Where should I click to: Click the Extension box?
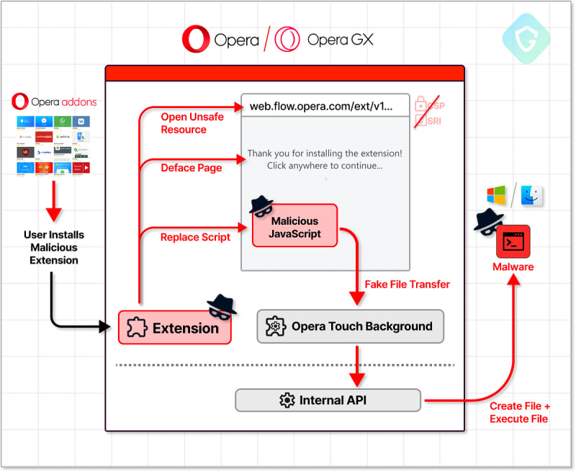pos(174,328)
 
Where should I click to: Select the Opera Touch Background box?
pos(350,326)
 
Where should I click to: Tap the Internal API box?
pos(328,400)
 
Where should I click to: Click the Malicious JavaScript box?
pos(295,226)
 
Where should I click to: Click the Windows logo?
pos(496,195)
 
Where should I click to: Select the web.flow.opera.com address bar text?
pos(322,106)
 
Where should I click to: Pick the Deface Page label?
pos(191,168)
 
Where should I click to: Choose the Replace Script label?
pos(195,237)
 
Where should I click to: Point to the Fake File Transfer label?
pos(407,284)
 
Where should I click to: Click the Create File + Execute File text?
pos(518,413)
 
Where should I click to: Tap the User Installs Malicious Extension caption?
pos(54,247)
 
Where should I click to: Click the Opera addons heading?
pos(53,102)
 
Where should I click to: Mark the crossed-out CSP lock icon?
pos(422,106)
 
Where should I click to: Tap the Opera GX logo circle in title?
pos(287,40)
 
